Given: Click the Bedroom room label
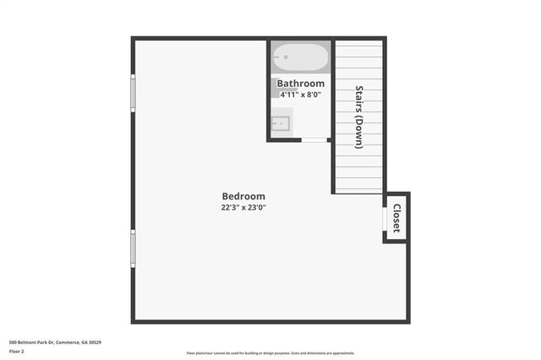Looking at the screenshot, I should pos(243,196).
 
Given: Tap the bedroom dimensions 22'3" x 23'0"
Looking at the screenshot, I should pos(243,207).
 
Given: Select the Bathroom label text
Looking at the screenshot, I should pos(301,84).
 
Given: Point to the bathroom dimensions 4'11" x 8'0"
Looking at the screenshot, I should pos(301,95).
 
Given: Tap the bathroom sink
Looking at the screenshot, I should pos(281,124).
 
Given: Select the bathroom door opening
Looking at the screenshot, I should pos(315,140).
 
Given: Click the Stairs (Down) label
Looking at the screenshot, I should pos(359,117).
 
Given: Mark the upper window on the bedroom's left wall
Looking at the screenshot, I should pos(132,93).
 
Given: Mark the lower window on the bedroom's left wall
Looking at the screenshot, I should pos(132,248).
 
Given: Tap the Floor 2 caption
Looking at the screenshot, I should pos(15,351).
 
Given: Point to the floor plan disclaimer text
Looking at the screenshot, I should pos(270,353).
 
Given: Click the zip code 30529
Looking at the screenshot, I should pos(96,341).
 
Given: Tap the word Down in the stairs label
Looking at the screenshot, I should pos(359,132).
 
